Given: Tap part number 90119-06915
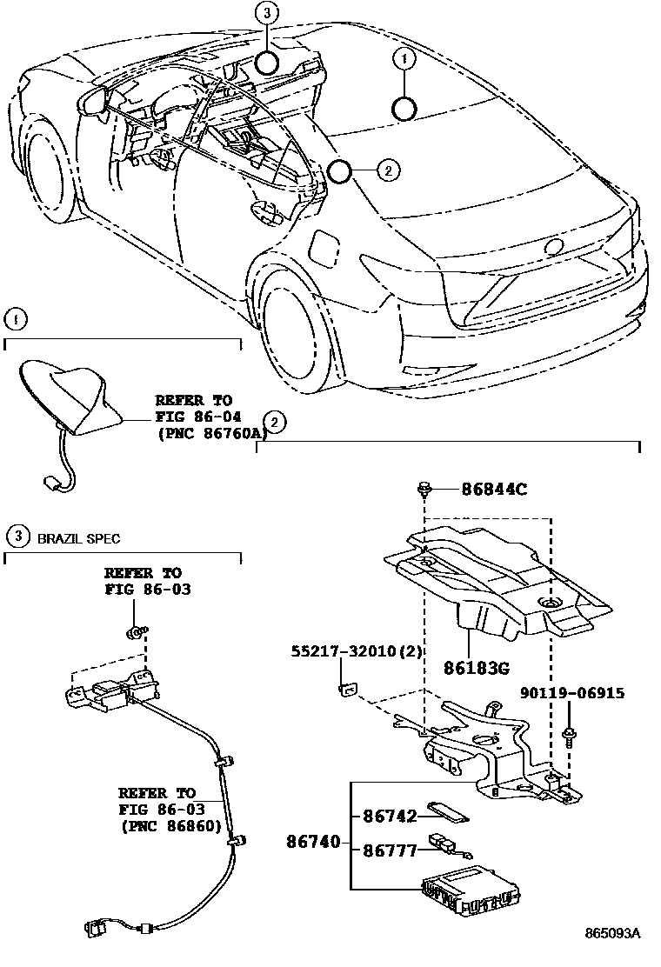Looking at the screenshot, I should click(x=573, y=693).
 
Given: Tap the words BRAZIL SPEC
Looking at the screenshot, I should click(x=78, y=538).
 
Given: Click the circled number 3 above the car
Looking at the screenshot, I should click(x=268, y=13).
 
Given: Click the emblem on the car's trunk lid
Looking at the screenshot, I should click(x=554, y=246).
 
